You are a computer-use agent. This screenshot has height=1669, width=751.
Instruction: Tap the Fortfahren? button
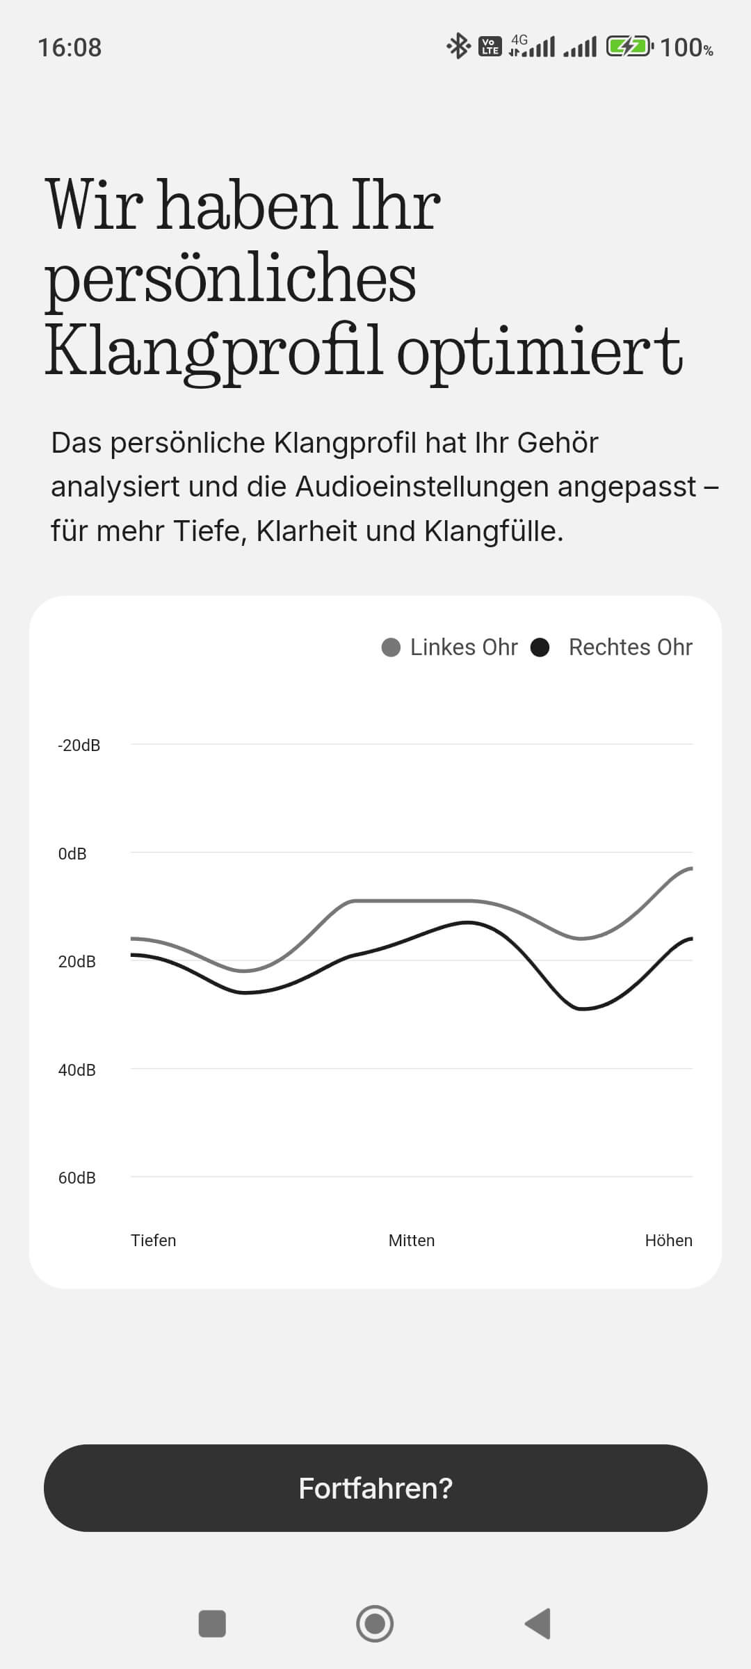(x=375, y=1487)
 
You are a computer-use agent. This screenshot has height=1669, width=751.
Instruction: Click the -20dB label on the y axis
(x=79, y=745)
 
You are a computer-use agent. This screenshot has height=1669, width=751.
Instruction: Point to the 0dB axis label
(x=72, y=854)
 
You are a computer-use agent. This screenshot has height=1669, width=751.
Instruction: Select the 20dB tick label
(x=76, y=962)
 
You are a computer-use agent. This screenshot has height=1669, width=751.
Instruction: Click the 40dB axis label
(x=76, y=1070)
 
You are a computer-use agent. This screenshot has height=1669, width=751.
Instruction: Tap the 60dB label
(x=76, y=1178)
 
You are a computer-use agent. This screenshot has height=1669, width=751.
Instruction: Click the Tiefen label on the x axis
(x=153, y=1241)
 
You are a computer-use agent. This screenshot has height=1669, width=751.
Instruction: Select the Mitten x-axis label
(x=412, y=1241)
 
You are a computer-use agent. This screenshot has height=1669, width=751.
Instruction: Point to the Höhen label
(x=668, y=1241)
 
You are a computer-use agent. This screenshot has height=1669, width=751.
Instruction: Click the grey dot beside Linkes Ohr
(x=391, y=647)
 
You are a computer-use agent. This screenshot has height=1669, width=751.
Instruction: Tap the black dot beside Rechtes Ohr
(x=540, y=647)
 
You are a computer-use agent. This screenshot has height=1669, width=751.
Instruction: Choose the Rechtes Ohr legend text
(x=630, y=647)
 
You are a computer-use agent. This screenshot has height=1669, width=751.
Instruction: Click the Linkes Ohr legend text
(x=464, y=647)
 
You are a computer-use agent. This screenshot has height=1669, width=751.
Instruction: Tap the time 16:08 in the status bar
(x=70, y=48)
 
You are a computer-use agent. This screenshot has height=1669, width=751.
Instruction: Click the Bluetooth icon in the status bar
(x=458, y=47)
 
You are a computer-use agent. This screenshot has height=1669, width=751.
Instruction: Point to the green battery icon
(x=629, y=47)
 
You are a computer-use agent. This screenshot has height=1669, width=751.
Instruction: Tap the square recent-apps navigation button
(x=212, y=1624)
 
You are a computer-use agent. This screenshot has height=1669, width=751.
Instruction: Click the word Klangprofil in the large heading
(x=213, y=351)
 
